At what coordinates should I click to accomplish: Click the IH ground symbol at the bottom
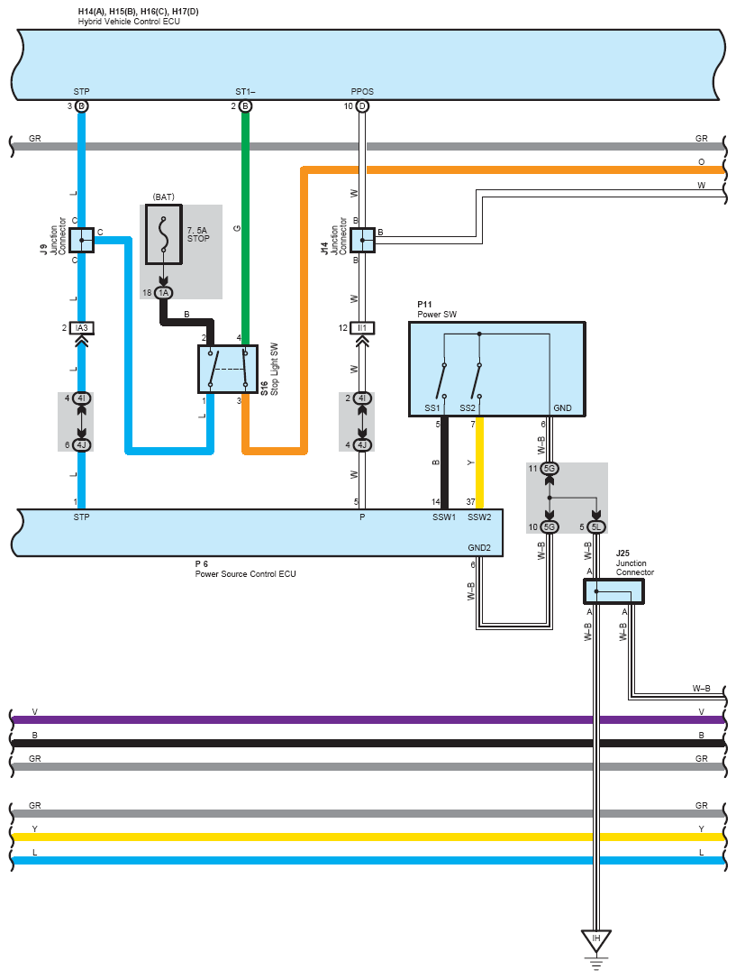pyautogui.click(x=595, y=941)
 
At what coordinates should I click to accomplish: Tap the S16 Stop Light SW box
pyautogui.click(x=228, y=369)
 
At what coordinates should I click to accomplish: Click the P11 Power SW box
pyautogui.click(x=496, y=368)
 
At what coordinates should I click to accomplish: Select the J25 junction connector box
pyautogui.click(x=614, y=591)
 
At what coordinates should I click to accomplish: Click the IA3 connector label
pyautogui.click(x=81, y=328)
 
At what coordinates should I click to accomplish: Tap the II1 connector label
pyautogui.click(x=362, y=328)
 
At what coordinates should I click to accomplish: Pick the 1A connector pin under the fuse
pyautogui.click(x=163, y=293)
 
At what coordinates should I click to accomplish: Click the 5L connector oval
pyautogui.click(x=596, y=527)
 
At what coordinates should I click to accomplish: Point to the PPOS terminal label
pyautogui.click(x=362, y=92)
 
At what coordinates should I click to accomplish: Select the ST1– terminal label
pyautogui.click(x=245, y=92)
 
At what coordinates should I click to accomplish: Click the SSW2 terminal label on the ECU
pyautogui.click(x=479, y=517)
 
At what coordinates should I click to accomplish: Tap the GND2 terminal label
pyautogui.click(x=478, y=548)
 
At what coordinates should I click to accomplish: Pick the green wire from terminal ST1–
pyautogui.click(x=245, y=225)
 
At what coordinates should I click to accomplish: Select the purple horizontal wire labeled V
pyautogui.click(x=360, y=719)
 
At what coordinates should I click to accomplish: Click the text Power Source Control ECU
pyautogui.click(x=245, y=574)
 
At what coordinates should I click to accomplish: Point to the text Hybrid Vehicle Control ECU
pyautogui.click(x=129, y=21)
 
